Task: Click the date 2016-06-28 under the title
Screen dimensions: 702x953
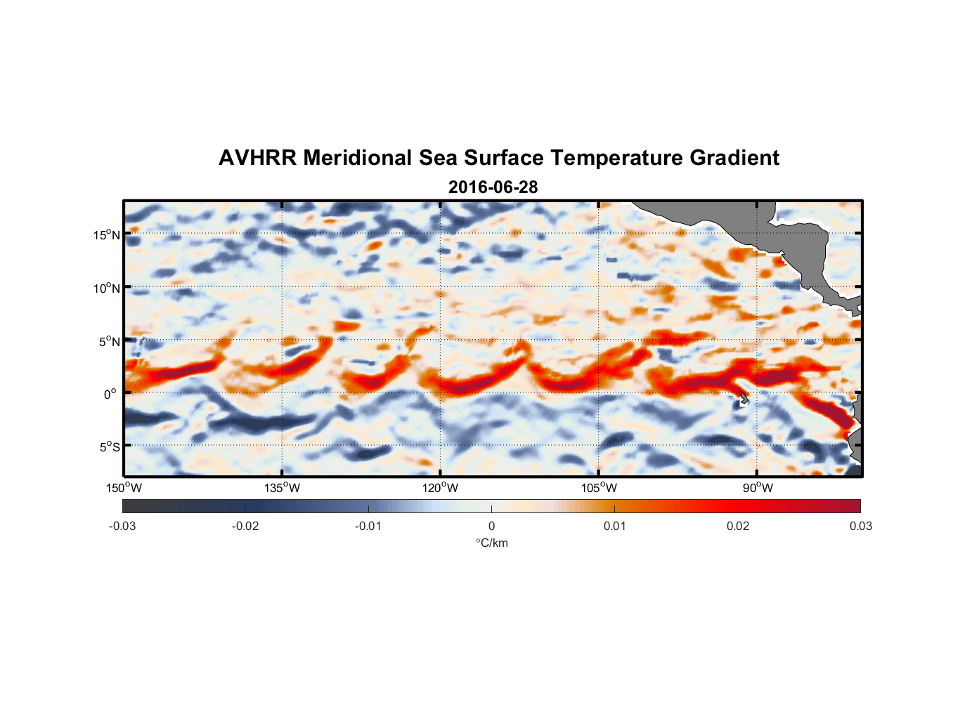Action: click(x=493, y=187)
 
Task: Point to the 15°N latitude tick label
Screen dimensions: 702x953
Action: click(x=107, y=234)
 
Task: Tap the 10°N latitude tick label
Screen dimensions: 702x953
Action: click(x=107, y=288)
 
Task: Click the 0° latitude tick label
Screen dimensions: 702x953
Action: click(x=110, y=394)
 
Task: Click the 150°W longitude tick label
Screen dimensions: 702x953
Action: click(x=124, y=488)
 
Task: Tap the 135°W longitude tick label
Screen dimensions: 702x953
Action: click(x=283, y=488)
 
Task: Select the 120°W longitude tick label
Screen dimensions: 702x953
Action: click(x=441, y=488)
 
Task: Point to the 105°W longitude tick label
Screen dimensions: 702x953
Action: click(x=599, y=488)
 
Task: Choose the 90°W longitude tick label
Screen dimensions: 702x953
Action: click(x=757, y=488)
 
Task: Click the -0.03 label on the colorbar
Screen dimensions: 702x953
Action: click(x=122, y=526)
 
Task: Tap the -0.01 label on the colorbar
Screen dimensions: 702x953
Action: click(x=368, y=526)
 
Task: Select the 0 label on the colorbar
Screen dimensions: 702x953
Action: click(x=491, y=526)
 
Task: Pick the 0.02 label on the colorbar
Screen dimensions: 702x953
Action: click(x=738, y=526)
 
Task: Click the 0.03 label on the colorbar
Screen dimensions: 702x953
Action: click(x=860, y=526)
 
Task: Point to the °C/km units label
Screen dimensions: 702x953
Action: click(x=491, y=543)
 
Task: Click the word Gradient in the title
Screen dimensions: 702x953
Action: click(x=734, y=158)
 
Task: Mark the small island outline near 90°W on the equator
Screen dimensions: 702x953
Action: click(x=744, y=398)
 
